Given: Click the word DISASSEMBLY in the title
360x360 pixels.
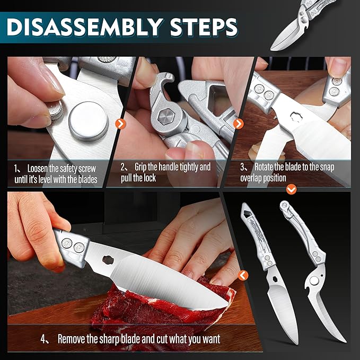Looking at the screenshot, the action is (x=84, y=27).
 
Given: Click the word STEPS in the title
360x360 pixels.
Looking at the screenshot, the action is (x=203, y=27).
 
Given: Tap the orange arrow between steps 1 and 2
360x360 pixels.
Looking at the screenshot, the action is (x=120, y=124).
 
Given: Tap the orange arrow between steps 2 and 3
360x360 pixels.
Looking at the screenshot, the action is (x=239, y=124).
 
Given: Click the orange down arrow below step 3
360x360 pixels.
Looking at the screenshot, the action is (x=292, y=190).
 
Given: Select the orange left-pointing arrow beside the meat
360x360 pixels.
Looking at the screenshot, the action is (x=243, y=275).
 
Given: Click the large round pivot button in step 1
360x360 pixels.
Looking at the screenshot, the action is (x=89, y=121).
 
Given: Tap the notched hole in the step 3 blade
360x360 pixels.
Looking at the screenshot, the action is (x=296, y=116).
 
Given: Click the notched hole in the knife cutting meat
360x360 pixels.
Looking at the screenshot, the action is (x=108, y=260).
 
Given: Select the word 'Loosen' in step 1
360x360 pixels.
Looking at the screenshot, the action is (x=37, y=169).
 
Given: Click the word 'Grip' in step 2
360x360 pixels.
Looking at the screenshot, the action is (x=141, y=167).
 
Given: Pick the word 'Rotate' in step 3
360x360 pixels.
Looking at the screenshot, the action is (x=264, y=167).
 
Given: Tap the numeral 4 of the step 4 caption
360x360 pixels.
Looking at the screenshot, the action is (x=43, y=339).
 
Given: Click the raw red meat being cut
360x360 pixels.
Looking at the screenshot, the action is (x=161, y=312).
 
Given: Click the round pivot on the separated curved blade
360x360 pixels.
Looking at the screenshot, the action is (x=314, y=280).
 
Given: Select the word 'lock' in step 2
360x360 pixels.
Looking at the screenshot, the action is (x=150, y=178).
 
